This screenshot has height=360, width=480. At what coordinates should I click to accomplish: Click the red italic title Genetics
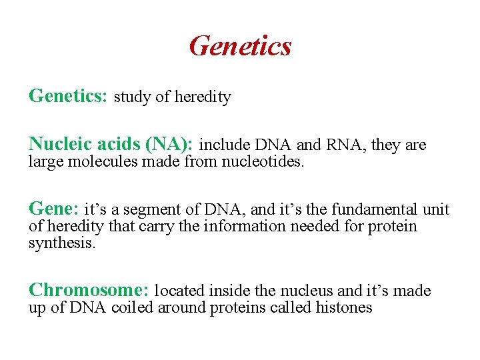click(x=240, y=46)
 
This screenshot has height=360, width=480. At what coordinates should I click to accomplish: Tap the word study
click(x=133, y=97)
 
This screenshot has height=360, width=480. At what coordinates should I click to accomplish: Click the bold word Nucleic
click(x=61, y=144)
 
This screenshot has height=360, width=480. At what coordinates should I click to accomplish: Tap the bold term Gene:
click(x=53, y=209)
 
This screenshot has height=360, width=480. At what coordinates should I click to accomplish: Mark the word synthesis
click(x=62, y=243)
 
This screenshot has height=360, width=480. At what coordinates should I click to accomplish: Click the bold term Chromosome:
click(x=89, y=291)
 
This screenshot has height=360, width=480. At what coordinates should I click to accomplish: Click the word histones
click(x=345, y=307)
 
